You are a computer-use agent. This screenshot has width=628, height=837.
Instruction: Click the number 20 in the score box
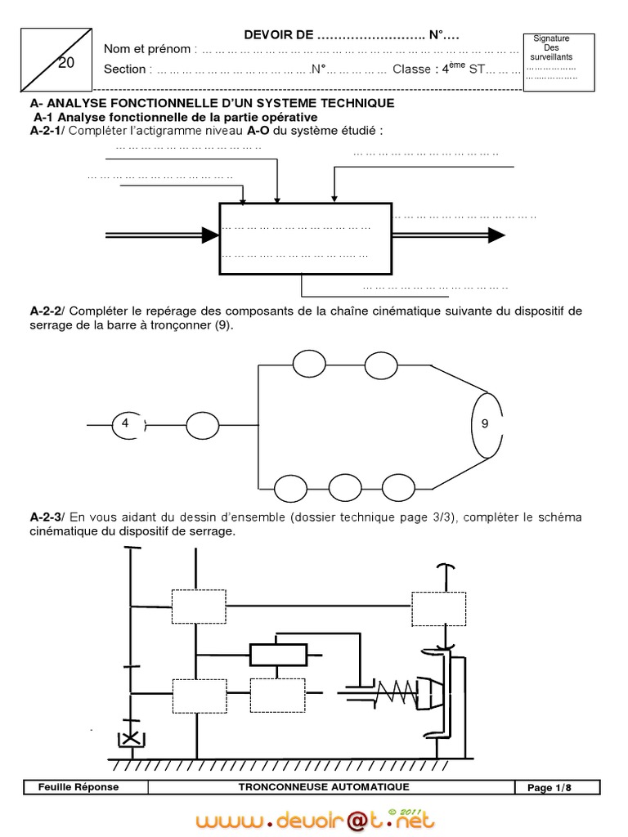point(66,63)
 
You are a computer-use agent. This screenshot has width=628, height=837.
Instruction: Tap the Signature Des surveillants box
point(551,61)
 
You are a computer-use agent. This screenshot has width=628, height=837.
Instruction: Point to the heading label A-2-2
point(46,311)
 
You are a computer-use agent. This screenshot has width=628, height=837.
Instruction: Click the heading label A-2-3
point(46,517)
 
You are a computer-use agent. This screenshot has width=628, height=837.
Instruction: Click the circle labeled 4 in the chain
point(126,423)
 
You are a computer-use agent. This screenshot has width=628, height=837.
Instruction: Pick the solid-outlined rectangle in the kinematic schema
point(278,654)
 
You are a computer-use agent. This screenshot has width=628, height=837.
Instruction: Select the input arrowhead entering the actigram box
point(210,235)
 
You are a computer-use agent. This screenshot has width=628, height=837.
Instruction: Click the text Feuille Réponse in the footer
point(78,787)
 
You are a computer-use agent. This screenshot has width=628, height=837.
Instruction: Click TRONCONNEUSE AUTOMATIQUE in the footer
point(324,787)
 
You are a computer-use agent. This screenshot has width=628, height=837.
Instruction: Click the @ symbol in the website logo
point(357,819)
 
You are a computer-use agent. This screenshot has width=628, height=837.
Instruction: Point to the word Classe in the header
point(410,69)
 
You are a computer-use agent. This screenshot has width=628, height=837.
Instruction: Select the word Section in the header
point(124,69)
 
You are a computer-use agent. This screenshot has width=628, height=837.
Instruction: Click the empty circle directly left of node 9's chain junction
point(203,425)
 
